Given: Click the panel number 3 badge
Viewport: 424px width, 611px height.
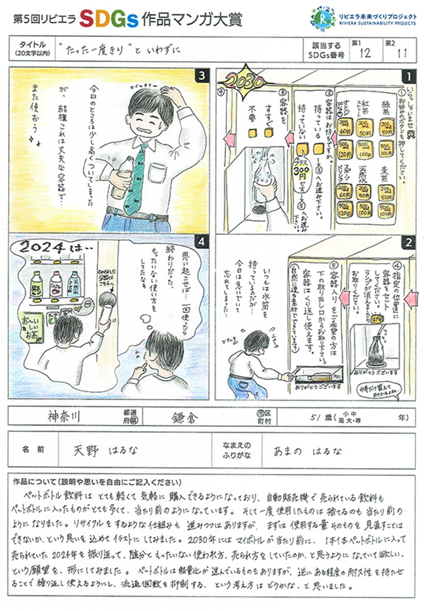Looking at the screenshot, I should tap(202, 76).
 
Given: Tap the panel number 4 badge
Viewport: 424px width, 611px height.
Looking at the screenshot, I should tap(202, 242).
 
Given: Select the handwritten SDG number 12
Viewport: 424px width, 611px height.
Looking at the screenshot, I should tap(365, 53).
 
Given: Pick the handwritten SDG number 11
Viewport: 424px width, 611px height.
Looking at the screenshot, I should tap(402, 53).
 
